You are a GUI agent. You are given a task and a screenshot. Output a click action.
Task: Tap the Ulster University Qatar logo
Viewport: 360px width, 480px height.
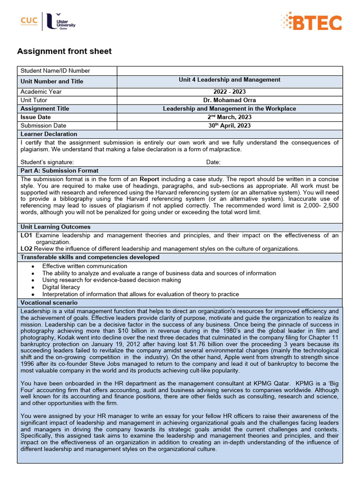(60, 22)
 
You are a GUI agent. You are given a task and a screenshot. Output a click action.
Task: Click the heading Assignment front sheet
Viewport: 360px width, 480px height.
(64, 52)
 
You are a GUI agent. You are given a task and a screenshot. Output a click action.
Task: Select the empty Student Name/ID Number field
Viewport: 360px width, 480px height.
(229, 71)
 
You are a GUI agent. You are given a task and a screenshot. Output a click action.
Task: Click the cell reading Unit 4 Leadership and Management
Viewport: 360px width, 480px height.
(229, 80)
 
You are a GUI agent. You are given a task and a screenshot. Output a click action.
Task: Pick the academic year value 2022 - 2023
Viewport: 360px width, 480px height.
(229, 92)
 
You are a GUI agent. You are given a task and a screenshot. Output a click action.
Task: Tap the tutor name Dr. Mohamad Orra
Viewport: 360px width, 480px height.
(229, 100)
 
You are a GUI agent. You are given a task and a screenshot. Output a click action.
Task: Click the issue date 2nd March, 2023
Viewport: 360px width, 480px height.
(229, 117)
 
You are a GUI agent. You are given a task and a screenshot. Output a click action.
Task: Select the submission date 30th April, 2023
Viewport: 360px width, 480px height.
(229, 126)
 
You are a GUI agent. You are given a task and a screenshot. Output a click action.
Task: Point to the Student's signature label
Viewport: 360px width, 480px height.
(47, 162)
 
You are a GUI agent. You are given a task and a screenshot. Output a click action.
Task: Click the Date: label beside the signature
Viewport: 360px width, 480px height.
(213, 162)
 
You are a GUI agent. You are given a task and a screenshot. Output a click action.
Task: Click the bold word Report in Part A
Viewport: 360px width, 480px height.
(149, 179)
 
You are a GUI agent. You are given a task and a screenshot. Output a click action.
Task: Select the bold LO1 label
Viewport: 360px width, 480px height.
(26, 235)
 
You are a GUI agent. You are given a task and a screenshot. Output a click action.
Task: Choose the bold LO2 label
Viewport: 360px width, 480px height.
(26, 248)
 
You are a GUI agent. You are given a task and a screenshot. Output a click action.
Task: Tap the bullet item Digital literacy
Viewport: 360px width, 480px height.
(61, 287)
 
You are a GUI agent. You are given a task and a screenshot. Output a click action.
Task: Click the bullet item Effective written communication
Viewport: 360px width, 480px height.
(84, 266)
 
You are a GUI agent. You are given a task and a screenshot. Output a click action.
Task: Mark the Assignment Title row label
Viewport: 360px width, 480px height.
(45, 109)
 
